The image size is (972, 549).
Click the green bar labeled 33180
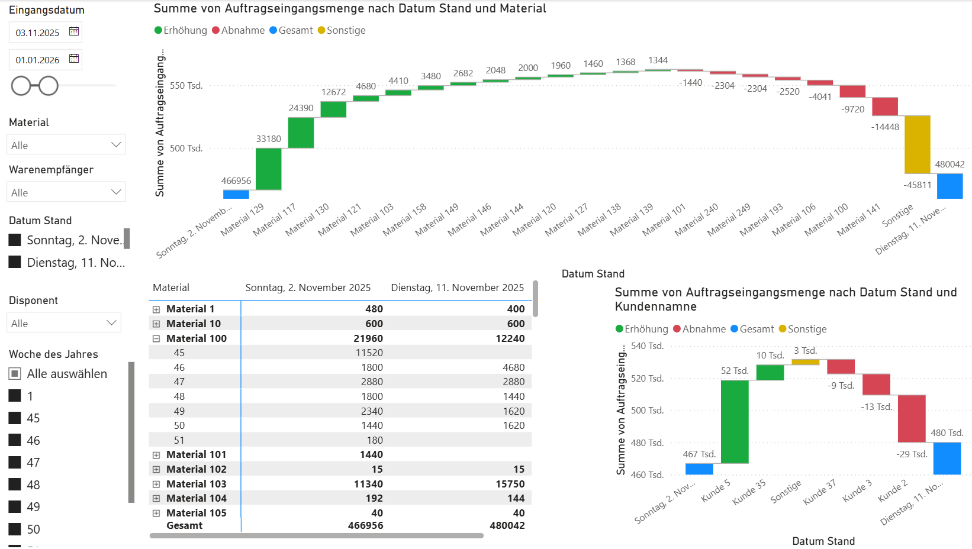point(268,169)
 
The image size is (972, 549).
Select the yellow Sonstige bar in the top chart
point(917,144)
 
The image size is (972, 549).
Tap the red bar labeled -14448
point(884,106)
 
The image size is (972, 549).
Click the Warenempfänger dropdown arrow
point(116,192)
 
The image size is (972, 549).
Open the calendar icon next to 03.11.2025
point(74,31)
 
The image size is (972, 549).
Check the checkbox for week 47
point(15,462)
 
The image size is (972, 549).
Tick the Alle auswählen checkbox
point(15,374)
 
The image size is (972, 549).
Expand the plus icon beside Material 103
point(156,484)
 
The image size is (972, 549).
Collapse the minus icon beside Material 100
point(156,339)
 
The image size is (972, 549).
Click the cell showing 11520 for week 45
point(369,353)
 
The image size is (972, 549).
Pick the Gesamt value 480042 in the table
point(507,525)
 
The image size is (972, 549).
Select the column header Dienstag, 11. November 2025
point(457,288)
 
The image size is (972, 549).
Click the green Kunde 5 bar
point(734,421)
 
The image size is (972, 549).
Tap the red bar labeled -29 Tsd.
point(911,418)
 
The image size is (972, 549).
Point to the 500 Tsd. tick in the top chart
point(186,148)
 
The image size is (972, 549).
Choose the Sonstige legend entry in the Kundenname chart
point(807,329)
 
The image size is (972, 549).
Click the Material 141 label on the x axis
point(858,220)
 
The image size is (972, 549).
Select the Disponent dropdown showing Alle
point(64,323)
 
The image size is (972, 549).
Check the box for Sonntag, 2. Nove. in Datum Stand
point(15,240)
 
